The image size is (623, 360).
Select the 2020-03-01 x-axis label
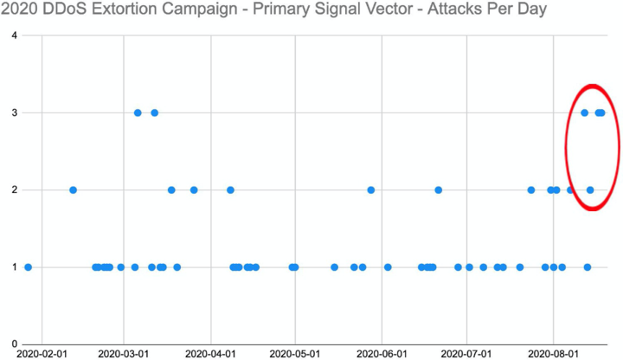123,354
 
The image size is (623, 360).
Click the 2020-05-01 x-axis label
295,354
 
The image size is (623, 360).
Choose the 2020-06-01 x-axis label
381,354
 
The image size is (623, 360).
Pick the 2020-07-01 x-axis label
466,354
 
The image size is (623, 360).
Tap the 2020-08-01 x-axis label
552,354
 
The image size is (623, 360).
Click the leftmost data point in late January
29,267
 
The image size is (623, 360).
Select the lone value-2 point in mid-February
73,190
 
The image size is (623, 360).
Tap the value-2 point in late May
370,190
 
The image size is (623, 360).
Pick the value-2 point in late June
439,190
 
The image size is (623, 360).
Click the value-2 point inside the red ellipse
590,190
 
